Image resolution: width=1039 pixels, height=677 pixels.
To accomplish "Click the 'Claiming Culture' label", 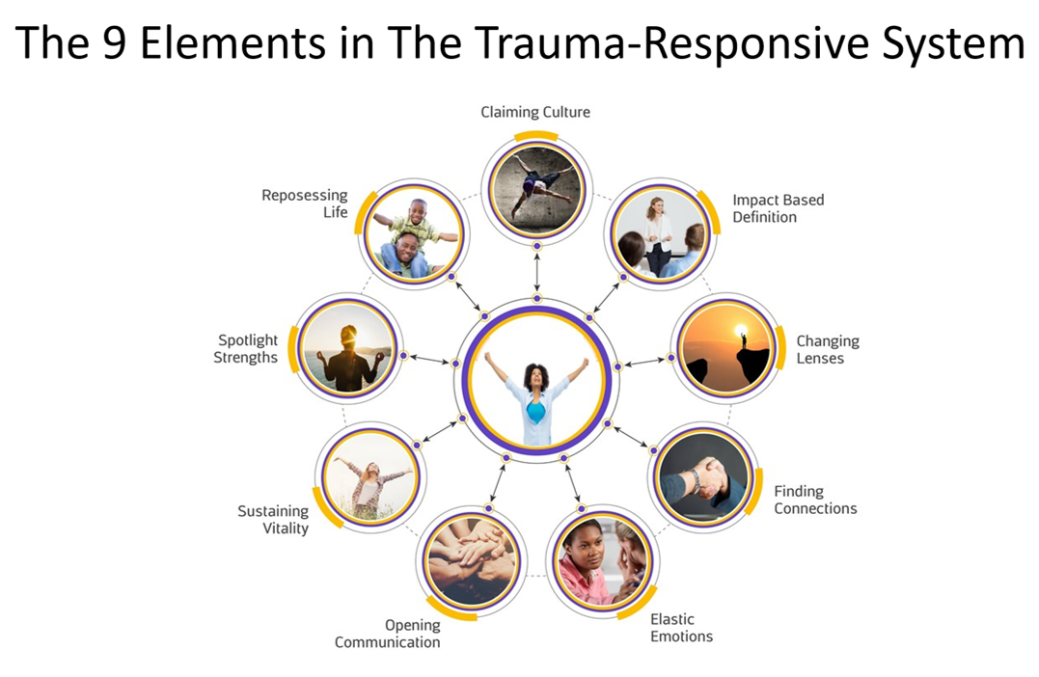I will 535,113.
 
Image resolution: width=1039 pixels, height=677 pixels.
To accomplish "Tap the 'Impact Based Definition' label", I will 778,208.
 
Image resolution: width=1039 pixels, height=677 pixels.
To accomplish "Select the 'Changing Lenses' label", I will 827,350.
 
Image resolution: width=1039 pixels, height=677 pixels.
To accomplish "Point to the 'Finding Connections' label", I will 814,500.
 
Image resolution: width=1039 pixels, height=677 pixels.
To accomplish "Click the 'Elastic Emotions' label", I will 681,628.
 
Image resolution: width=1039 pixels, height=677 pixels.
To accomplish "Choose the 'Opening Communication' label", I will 387,635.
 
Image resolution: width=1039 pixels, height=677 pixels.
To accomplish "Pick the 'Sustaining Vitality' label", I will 273,520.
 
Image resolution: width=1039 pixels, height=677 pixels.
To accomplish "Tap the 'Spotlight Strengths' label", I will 248,349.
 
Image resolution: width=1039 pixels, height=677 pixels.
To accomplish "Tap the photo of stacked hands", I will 471,562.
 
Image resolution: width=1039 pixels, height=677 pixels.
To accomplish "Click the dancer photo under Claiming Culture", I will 536,189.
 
